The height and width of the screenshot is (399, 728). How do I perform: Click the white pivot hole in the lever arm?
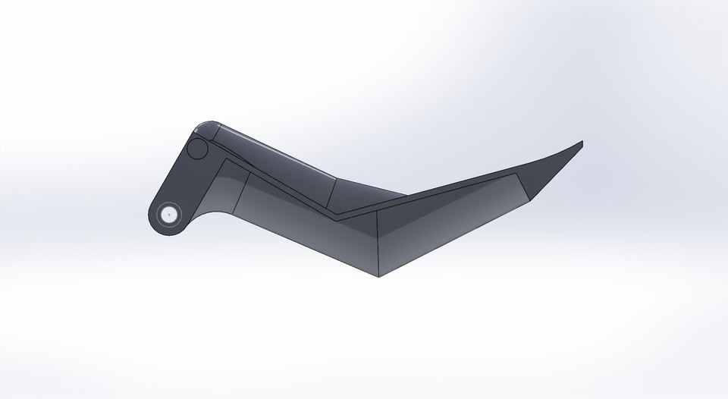pyautogui.click(x=168, y=214)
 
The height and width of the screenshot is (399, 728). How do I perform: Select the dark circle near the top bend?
pyautogui.click(x=198, y=149)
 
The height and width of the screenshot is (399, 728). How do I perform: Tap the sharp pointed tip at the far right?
pyautogui.click(x=581, y=142)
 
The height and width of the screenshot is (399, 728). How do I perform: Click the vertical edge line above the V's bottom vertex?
pyautogui.click(x=378, y=243)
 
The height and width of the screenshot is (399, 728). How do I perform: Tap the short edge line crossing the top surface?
pyautogui.click(x=334, y=195)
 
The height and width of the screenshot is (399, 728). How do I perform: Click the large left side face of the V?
pyautogui.click(x=311, y=228)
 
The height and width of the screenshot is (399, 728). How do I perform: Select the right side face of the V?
pyautogui.click(x=447, y=224)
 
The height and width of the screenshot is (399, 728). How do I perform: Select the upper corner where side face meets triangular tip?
pyautogui.click(x=516, y=174)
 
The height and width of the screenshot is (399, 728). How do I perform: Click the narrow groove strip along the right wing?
pyautogui.click(x=455, y=187)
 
